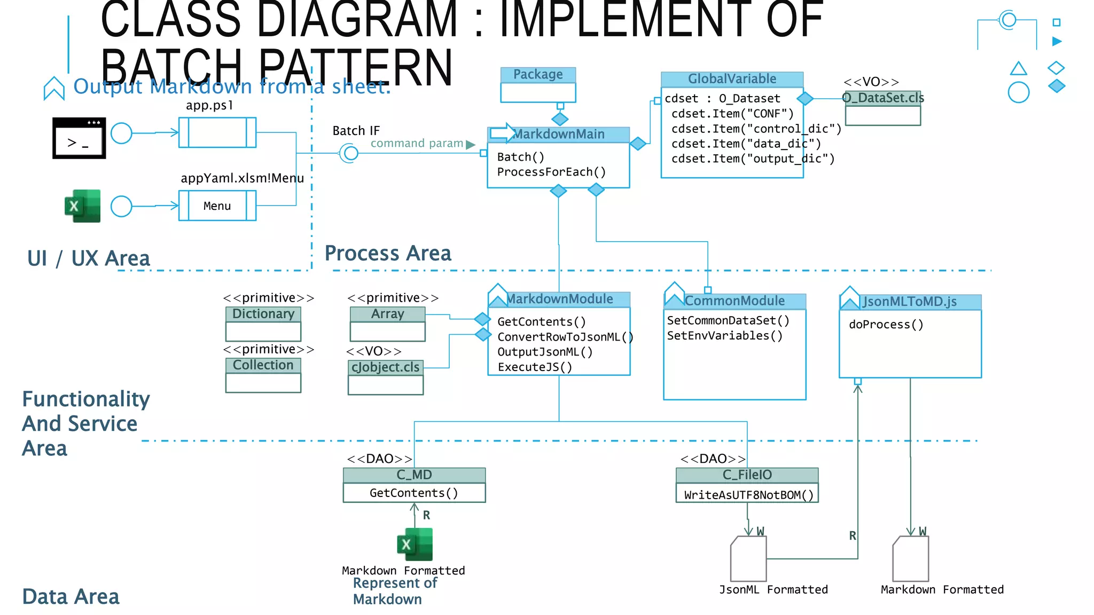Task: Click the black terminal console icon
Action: coord(79,138)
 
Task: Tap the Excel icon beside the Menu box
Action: coord(83,206)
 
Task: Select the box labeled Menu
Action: coord(217,206)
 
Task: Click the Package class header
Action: coord(538,75)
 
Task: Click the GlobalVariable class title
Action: coord(732,79)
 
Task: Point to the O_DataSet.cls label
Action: coord(883,98)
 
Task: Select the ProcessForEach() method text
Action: coord(551,172)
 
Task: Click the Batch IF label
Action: coord(356,131)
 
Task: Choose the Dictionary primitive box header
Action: coord(263,314)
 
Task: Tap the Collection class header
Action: coord(263,365)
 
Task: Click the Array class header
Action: coord(388,314)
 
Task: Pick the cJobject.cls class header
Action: coord(386,367)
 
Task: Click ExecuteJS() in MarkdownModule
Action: coord(535,367)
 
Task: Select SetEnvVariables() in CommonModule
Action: coord(725,336)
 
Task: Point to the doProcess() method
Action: coord(886,325)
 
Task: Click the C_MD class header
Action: coord(414,475)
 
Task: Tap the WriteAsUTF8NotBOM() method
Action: coord(748,495)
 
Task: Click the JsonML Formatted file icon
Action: coord(748,559)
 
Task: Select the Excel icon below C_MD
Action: coord(415,545)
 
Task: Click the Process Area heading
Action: coord(388,253)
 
